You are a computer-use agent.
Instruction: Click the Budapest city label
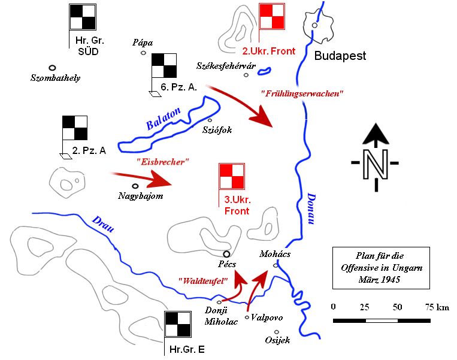point(340,56)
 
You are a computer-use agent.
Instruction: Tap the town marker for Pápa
point(143,53)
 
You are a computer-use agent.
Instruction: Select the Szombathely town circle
point(52,68)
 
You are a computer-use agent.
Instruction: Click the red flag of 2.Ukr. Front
point(272,16)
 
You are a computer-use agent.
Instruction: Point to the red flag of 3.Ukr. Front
point(232,176)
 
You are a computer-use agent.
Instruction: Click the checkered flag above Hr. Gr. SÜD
point(83,17)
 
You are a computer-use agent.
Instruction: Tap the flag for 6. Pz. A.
point(164,65)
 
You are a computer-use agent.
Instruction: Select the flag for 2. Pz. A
point(75,128)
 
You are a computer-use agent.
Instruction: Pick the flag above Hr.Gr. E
point(178,324)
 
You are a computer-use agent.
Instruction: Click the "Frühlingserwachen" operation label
point(302,93)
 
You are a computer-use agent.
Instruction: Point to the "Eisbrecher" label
point(163,162)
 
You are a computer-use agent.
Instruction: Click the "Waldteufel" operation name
point(203,281)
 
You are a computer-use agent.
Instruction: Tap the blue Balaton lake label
point(163,119)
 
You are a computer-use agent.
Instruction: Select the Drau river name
point(103,224)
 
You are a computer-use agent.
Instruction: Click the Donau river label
point(311,208)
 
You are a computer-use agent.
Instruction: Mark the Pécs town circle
point(226,254)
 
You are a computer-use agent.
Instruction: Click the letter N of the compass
point(376,164)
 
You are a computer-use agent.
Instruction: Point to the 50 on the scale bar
point(397,307)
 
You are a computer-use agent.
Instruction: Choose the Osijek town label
point(277,340)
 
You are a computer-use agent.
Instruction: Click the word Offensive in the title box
point(361,268)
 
